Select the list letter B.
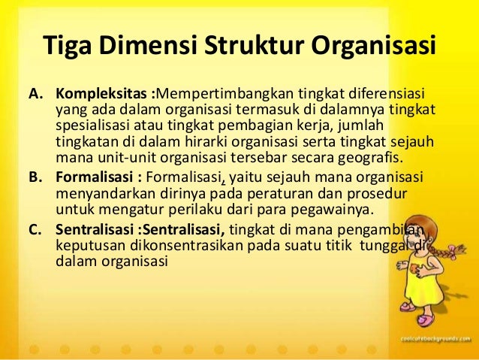(35, 177)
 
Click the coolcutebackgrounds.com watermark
(434, 339)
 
